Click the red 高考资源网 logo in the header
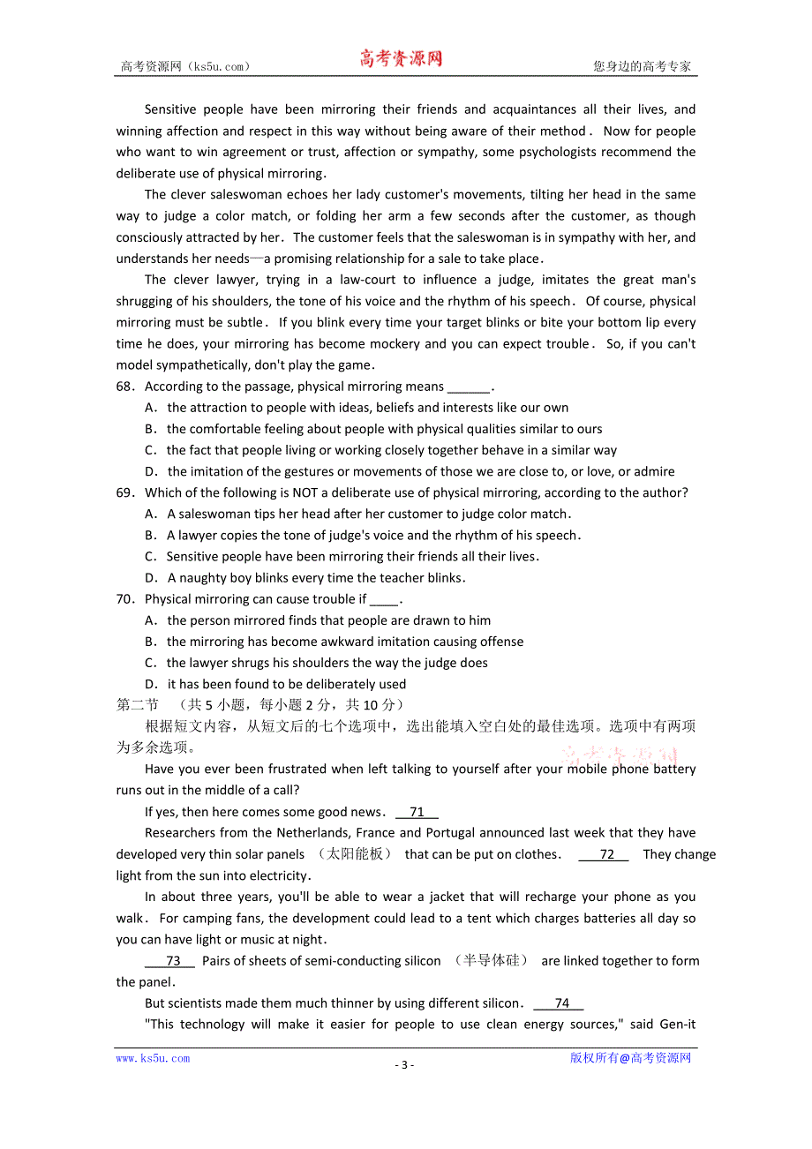(x=401, y=59)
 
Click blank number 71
(x=417, y=812)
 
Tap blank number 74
(x=561, y=1003)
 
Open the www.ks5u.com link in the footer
(x=153, y=1058)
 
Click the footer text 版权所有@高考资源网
(x=630, y=1058)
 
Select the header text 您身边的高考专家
(x=642, y=66)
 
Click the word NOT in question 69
(x=336, y=492)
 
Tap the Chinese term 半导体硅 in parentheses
(x=491, y=961)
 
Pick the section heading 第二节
(x=137, y=705)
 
